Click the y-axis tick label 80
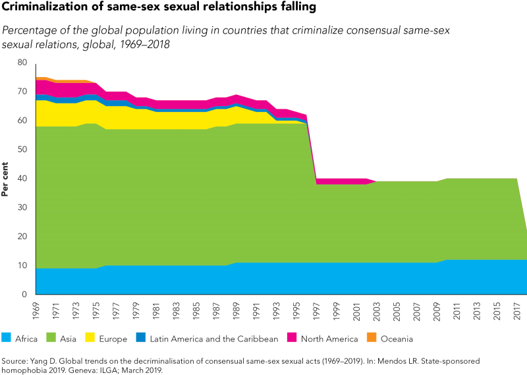click(x=22, y=62)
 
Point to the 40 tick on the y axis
click(x=22, y=178)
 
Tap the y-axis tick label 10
click(x=22, y=265)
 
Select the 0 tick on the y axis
click(x=24, y=294)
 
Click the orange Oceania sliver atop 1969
click(x=40, y=78)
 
